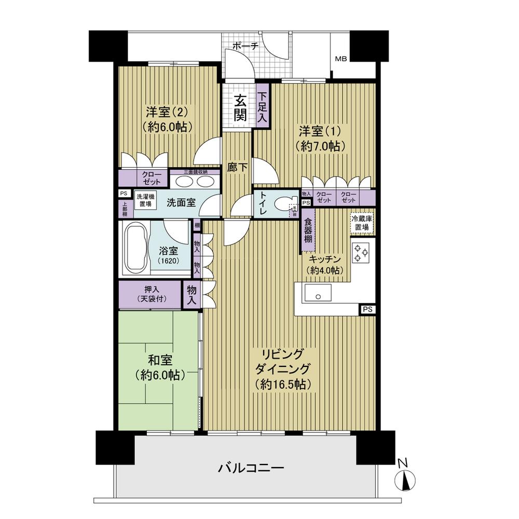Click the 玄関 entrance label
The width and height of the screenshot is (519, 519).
coord(239,107)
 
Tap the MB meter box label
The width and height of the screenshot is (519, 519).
coord(340,59)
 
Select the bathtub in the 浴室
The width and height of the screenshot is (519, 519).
coord(135,248)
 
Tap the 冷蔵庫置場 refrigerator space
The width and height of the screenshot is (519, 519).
coord(362,223)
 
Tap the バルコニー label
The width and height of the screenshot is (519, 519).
coord(251,469)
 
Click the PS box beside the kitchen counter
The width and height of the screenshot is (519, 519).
coord(367,310)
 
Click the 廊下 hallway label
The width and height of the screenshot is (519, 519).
coord(237,168)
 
